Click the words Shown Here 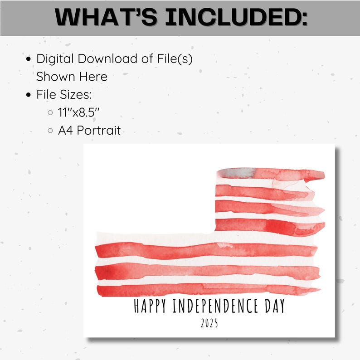pos(72,76)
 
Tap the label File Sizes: pos(64,94)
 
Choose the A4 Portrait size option pos(89,131)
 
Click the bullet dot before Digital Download pos(29,59)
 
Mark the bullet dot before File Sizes pos(29,95)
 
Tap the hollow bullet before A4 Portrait pos(50,131)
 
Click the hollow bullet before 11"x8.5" pos(50,113)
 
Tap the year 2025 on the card pos(209,323)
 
